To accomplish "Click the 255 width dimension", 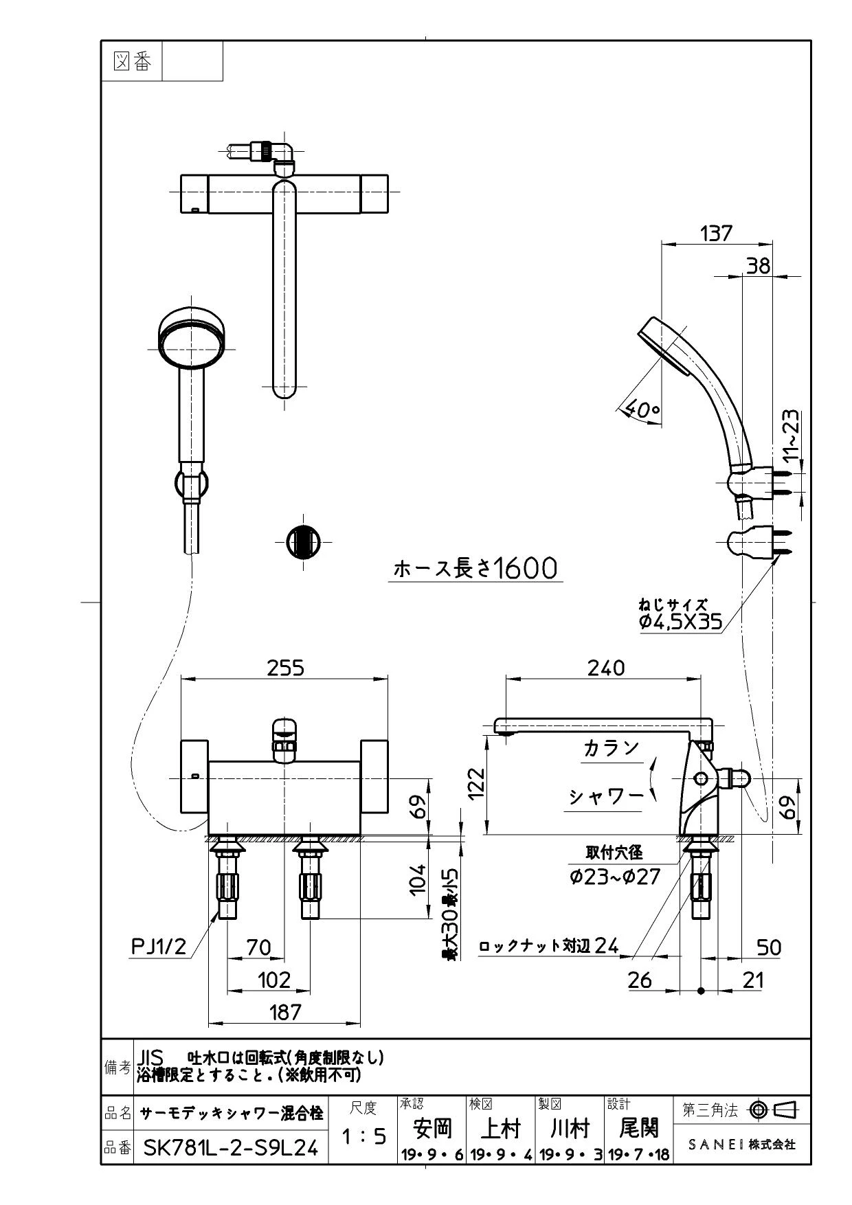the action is point(285,668).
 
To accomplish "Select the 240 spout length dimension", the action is point(607,668).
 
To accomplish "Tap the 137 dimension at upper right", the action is point(716,234).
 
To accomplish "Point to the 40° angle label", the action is point(644,410).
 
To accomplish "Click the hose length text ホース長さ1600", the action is point(475,568).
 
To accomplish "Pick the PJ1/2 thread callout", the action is point(159,947).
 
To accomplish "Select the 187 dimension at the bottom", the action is point(285,1011).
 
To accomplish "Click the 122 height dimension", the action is point(475,784).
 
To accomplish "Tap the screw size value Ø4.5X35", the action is point(680,622).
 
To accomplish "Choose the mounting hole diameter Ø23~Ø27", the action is point(614,877).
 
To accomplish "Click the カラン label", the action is point(611,748).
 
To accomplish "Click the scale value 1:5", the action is point(364,1136).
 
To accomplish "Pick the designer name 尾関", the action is point(638,1127).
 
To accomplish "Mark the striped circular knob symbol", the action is point(302,540).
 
